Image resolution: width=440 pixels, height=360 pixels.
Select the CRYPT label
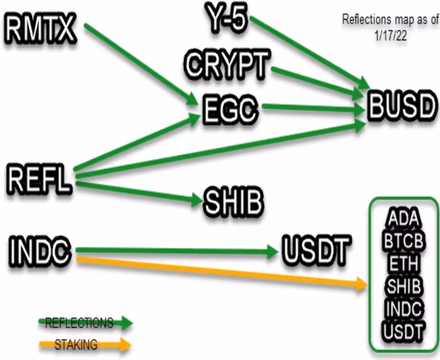(228, 64)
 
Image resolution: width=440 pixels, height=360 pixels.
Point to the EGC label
(230, 110)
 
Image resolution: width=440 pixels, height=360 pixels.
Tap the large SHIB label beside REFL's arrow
(234, 200)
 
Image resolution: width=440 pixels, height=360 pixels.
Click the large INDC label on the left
(40, 250)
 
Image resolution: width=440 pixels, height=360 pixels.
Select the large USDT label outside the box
(317, 250)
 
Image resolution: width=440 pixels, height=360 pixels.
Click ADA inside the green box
(403, 218)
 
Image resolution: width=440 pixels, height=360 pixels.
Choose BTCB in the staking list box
(403, 241)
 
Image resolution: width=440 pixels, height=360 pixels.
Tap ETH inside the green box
(403, 263)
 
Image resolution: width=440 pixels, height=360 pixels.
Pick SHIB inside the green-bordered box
(403, 285)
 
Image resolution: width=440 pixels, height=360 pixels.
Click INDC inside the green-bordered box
(403, 308)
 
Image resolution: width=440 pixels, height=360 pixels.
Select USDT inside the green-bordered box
(403, 331)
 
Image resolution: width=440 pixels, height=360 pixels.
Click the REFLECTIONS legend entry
(79, 323)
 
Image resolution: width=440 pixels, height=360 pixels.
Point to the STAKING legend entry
(76, 344)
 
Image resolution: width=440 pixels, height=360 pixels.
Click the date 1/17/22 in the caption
(391, 36)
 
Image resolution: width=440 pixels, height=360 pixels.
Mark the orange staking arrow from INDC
(222, 273)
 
